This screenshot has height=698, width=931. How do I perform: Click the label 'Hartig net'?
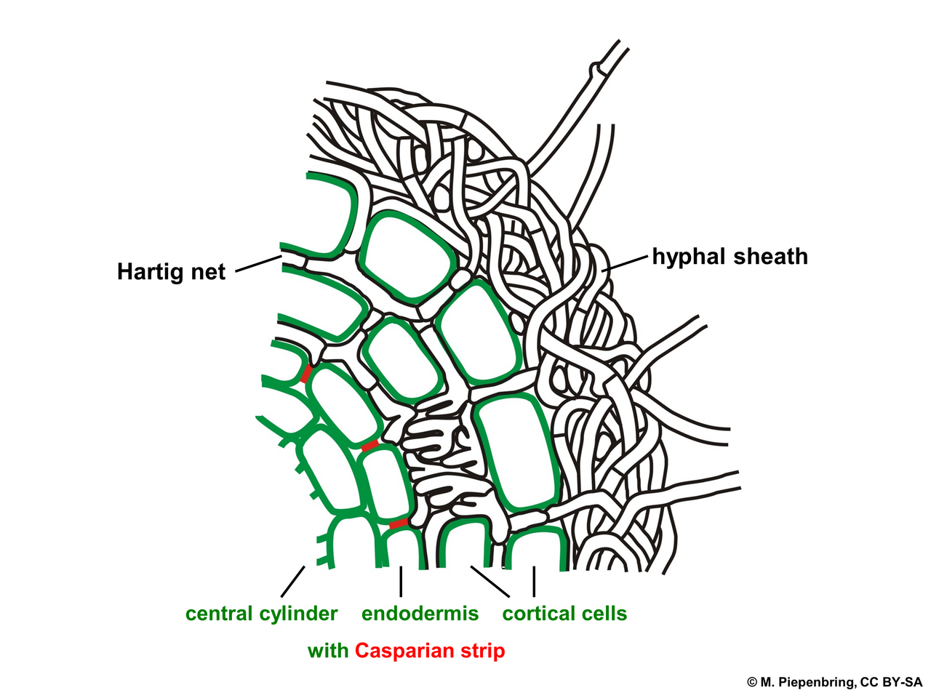[x=171, y=272]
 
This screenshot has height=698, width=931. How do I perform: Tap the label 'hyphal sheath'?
[x=730, y=257]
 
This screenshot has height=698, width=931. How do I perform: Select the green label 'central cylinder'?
[x=261, y=614]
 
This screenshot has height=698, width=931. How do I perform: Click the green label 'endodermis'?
[x=420, y=614]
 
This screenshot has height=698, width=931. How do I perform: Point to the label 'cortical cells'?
[x=564, y=614]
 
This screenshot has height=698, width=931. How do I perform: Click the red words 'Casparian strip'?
[x=430, y=651]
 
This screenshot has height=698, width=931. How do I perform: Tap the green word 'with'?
[x=328, y=651]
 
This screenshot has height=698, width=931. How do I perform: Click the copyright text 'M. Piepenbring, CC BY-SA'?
[x=841, y=682]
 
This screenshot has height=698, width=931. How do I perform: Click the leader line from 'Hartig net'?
[x=258, y=264]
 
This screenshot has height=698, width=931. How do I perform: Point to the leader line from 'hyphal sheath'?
[x=625, y=263]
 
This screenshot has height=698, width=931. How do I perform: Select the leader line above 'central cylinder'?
[x=292, y=582]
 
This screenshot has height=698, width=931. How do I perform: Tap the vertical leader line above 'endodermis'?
[x=400, y=582]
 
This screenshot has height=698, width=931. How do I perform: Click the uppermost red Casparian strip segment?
[x=306, y=374]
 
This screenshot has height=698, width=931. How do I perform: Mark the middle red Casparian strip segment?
[x=369, y=446]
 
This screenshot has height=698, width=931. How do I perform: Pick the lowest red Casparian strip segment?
[x=399, y=523]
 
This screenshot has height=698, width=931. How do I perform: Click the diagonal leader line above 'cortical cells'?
[x=490, y=582]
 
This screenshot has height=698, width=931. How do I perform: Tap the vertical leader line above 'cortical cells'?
[x=534, y=582]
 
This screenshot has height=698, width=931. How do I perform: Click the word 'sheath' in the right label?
[x=770, y=257]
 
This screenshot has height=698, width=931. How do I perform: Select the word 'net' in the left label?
[x=208, y=273]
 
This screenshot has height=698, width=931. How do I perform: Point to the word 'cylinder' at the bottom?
[x=299, y=614]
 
